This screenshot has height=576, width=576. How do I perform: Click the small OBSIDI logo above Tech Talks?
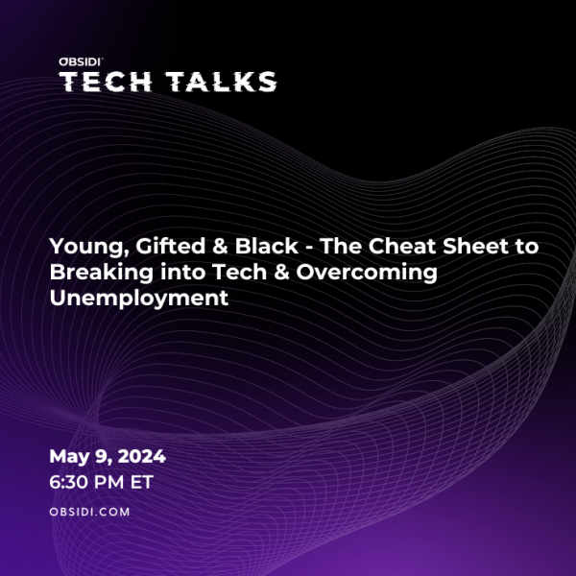pyautogui.click(x=80, y=61)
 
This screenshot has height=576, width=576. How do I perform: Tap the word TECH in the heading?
pyautogui.click(x=106, y=82)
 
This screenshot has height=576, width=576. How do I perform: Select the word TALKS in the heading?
pyautogui.click(x=221, y=82)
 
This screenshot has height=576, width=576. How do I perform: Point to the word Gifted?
pyautogui.click(x=171, y=246)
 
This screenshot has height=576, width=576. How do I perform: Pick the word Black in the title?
pyautogui.click(x=266, y=246)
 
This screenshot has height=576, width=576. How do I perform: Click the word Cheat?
pyautogui.click(x=402, y=246)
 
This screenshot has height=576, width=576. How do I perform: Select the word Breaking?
pyautogui.click(x=102, y=273)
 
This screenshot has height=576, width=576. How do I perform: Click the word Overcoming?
pyautogui.click(x=367, y=273)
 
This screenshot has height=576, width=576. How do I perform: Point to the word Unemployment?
pyautogui.click(x=139, y=298)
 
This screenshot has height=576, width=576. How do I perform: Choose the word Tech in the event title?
pyautogui.click(x=239, y=272)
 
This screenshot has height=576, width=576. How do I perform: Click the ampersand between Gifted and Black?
pyautogui.click(x=220, y=246)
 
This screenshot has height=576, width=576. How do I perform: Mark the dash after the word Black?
pyautogui.click(x=309, y=249)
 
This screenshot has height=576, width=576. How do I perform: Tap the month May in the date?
pyautogui.click(x=69, y=457)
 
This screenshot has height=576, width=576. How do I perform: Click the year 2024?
pyautogui.click(x=142, y=456)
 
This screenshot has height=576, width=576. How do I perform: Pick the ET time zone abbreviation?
pyautogui.click(x=142, y=482)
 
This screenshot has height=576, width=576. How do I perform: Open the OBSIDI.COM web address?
pyautogui.click(x=89, y=512)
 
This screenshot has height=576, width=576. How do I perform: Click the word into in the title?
pyautogui.click(x=182, y=272)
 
